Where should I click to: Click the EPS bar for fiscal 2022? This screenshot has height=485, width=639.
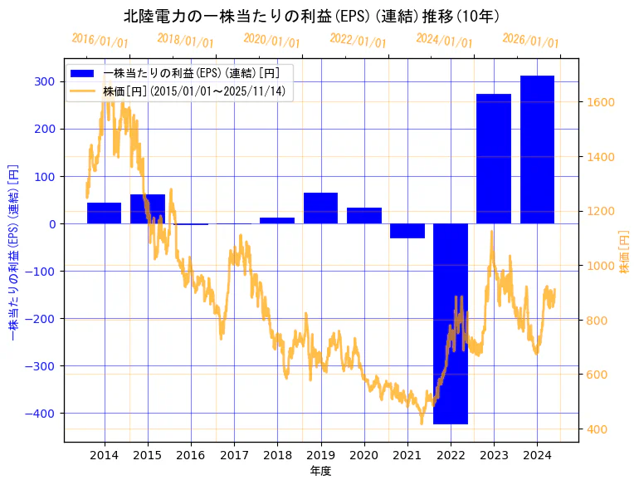coord(451,324)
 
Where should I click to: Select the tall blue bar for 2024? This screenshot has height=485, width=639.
coord(537,149)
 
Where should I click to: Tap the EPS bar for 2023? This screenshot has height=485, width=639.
coord(494,159)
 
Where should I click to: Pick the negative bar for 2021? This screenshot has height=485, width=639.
coord(407,231)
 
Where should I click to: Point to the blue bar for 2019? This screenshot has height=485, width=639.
coord(320,208)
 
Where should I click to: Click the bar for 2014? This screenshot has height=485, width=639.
coord(104,213)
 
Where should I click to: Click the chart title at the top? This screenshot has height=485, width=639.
coord(311,16)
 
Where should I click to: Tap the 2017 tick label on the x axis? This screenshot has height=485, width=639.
coord(234,455)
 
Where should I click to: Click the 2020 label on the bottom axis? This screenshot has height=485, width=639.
coord(363,455)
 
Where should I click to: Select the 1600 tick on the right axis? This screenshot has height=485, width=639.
coord(601,102)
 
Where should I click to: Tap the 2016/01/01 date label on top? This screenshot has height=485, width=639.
coord(100,41)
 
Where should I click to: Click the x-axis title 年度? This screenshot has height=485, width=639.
coord(320,471)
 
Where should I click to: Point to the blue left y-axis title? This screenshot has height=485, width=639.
coord(13,252)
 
